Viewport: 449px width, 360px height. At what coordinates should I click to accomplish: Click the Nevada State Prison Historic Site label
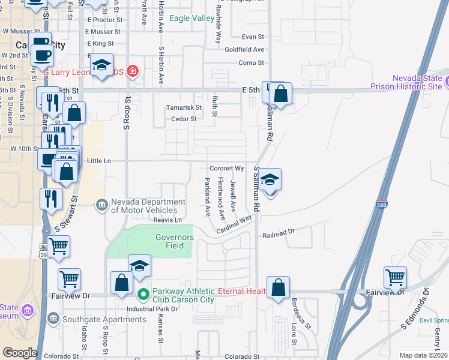pos(417,83)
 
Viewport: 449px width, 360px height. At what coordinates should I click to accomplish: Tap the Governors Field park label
pos(175,241)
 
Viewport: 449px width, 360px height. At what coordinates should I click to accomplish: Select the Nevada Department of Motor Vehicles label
pos(143,206)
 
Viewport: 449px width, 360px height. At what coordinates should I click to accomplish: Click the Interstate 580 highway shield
pos(382,203)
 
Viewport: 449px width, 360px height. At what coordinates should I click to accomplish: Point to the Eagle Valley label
pos(191,19)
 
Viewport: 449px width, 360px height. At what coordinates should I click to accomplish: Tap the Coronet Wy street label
pos(226,169)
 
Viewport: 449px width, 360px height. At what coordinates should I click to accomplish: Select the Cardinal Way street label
pos(234,226)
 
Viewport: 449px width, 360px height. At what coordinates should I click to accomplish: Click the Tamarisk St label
pos(184,107)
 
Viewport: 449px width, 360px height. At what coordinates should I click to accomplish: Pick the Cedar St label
pos(184,119)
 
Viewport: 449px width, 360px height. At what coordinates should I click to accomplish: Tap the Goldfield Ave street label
pos(244,50)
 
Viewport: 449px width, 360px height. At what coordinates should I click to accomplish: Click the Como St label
pos(251,63)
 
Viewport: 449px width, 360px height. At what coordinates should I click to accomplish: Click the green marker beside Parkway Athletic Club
pos(143,295)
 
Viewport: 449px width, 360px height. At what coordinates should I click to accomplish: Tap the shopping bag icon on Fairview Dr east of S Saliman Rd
pos(279,288)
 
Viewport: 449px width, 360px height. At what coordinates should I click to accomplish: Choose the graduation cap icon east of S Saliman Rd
pos(270,179)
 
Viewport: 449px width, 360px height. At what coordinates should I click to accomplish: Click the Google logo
pos(20,353)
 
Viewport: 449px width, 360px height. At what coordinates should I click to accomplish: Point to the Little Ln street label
pos(99,161)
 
